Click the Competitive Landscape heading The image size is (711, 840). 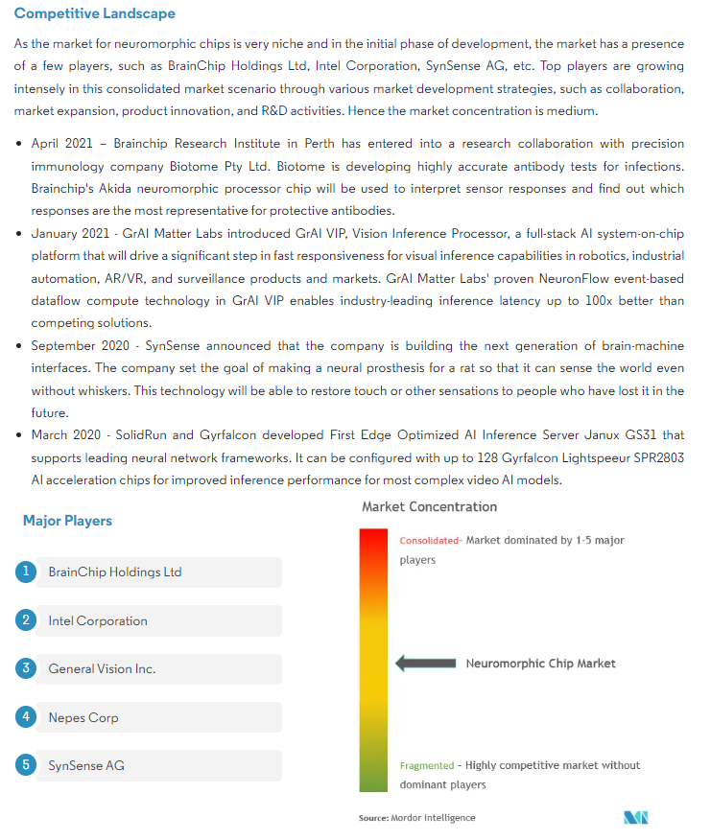click(x=95, y=14)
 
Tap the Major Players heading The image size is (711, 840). click(x=67, y=521)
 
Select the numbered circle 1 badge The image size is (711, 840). click(x=26, y=572)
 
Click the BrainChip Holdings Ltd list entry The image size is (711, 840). click(x=115, y=572)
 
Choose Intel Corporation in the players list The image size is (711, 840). click(x=98, y=620)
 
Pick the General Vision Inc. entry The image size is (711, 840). click(x=102, y=669)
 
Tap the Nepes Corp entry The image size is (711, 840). click(x=83, y=717)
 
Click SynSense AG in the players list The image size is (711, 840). click(x=86, y=765)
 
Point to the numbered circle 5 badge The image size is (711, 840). click(x=26, y=764)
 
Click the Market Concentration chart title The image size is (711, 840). click(x=429, y=506)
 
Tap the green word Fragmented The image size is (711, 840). click(x=427, y=765)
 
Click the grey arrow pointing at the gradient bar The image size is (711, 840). click(x=426, y=663)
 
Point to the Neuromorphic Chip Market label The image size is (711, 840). click(x=541, y=663)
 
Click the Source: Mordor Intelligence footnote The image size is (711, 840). click(x=416, y=818)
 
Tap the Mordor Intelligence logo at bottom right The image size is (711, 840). click(x=635, y=818)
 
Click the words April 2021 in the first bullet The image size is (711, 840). click(x=62, y=144)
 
